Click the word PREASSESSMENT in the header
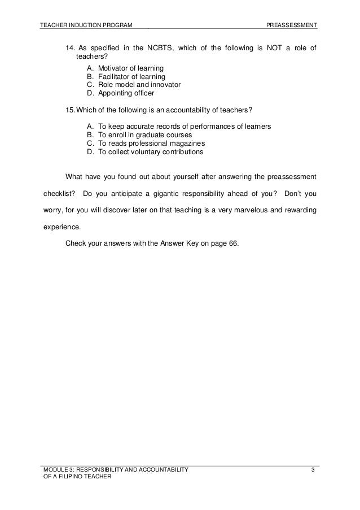[292, 25]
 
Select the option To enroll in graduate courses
[145, 135]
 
